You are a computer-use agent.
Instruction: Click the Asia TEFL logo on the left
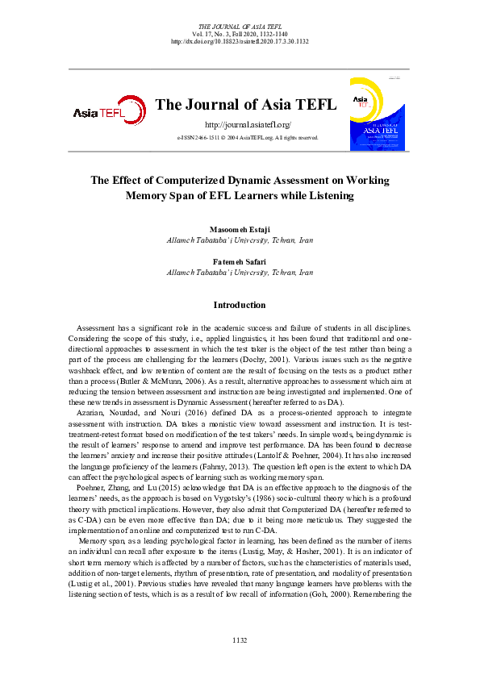click(x=98, y=112)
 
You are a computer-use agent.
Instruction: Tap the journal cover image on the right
click(x=377, y=112)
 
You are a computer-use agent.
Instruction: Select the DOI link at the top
click(x=240, y=41)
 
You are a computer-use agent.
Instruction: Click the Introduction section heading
click(x=239, y=305)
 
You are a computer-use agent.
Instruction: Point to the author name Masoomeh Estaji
click(x=239, y=230)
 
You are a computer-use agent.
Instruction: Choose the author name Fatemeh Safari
click(x=239, y=262)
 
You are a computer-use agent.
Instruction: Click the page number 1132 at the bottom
click(x=240, y=640)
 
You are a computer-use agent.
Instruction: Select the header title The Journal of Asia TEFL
click(x=240, y=104)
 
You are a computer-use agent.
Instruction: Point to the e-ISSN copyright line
click(x=248, y=138)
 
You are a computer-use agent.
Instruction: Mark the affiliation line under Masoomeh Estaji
click(x=239, y=240)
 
